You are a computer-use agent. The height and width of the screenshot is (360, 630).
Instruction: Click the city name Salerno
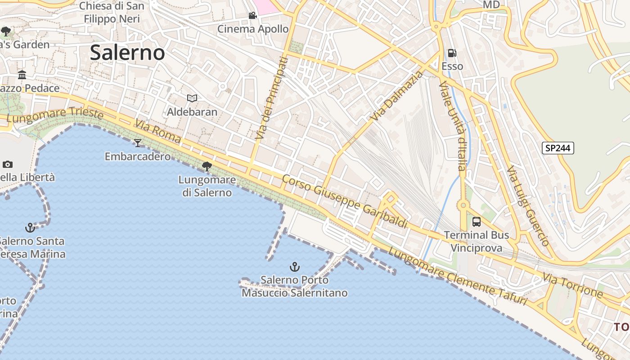127,53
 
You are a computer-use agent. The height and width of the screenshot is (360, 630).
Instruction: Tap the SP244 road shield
558,148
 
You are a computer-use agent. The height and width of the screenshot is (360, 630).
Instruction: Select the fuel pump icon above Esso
452,54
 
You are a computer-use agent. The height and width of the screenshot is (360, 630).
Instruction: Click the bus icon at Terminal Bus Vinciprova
477,222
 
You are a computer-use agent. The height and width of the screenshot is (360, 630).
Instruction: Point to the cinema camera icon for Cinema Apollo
252,16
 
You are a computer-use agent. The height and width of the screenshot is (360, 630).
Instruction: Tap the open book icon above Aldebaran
192,98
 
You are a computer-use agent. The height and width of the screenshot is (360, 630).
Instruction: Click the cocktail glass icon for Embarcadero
138,143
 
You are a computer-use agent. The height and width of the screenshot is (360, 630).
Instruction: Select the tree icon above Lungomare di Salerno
207,166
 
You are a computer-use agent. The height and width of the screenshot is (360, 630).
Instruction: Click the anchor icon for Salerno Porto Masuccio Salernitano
294,267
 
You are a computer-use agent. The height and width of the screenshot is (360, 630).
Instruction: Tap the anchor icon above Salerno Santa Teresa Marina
30,228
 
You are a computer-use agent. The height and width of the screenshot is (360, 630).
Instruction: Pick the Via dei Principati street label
271,98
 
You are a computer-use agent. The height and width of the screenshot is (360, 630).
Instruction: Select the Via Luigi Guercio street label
528,206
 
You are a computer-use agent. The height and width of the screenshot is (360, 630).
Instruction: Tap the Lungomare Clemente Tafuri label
457,277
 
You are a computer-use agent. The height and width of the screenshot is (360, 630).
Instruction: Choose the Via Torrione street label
572,285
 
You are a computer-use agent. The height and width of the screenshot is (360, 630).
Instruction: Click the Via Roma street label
157,131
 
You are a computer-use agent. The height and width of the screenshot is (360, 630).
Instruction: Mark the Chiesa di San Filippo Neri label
112,13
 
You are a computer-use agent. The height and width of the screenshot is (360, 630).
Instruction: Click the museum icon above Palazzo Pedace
22,75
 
